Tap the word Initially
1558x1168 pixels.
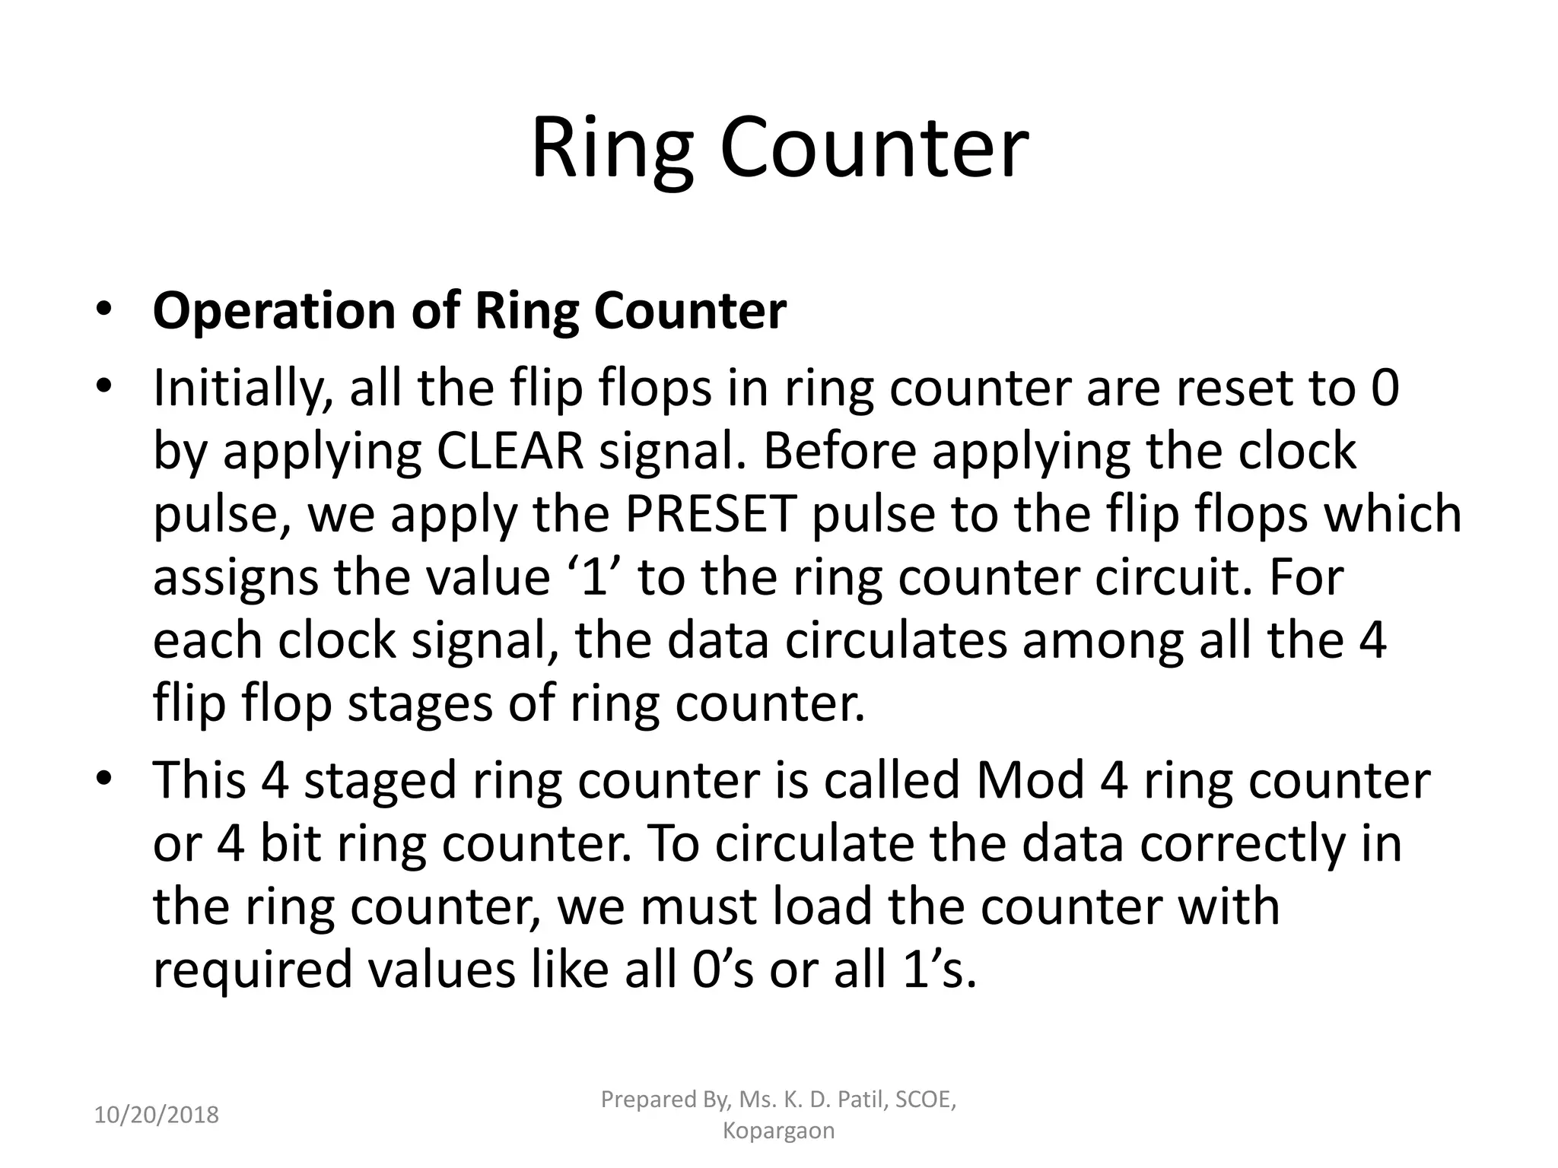pos(243,389)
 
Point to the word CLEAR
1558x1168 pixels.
pos(510,452)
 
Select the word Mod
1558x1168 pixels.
pos(1029,781)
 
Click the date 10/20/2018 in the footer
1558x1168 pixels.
pos(157,1116)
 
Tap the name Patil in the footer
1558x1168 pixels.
pos(857,1100)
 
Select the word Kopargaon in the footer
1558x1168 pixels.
pos(778,1131)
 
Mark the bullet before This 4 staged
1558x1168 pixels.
pos(104,779)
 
